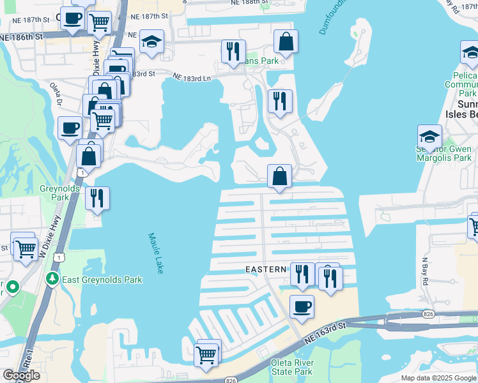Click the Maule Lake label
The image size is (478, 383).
pos(157,253)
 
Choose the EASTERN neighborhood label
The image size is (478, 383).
pos(266,270)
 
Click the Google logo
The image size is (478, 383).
pos(21,375)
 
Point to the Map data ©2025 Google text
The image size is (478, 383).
pos(438,378)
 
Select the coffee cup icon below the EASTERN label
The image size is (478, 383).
pos(302,307)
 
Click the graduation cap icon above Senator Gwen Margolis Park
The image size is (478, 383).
pos(429,137)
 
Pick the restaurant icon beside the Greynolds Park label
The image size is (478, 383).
pos(97,199)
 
